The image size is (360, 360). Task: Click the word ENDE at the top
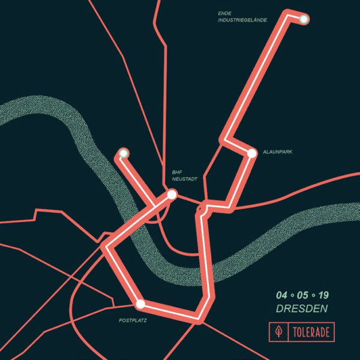point(225,13)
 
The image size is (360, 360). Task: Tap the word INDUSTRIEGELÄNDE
point(242,20)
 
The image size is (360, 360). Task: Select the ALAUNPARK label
point(277,152)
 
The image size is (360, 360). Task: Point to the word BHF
point(177,171)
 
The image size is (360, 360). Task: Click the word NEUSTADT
point(185,179)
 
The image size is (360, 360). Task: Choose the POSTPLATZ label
point(133,321)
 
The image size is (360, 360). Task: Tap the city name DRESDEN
point(302,310)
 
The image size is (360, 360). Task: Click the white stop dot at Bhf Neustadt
point(172,194)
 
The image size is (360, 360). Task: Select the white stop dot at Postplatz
point(140,304)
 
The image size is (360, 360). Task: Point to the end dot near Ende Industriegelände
point(304,19)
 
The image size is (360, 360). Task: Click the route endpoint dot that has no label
point(124,153)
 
